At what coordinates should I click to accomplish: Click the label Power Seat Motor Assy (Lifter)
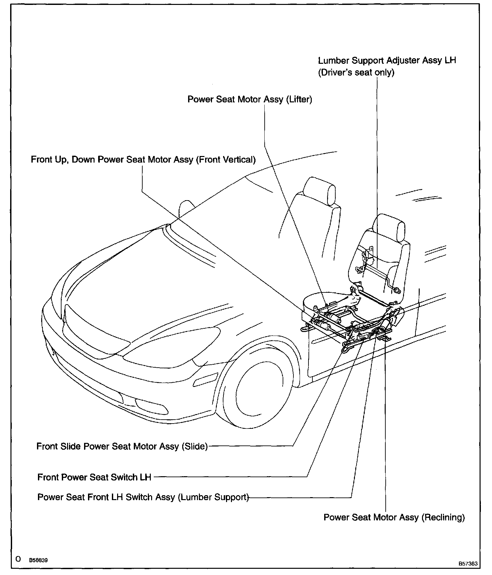tap(250, 99)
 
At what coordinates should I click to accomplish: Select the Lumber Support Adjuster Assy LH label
tap(387, 61)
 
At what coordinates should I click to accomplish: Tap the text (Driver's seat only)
tap(356, 72)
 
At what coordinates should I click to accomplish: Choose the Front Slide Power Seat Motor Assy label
tap(122, 446)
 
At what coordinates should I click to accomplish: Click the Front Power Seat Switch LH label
tap(94, 477)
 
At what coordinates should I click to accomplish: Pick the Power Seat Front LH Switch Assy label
tap(143, 497)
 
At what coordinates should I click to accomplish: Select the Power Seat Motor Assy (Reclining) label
tap(394, 517)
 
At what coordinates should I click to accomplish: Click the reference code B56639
tap(38, 560)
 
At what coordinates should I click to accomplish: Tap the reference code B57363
tap(467, 564)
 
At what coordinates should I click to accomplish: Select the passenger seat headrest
tap(319, 190)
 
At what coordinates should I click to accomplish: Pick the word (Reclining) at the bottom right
tap(443, 517)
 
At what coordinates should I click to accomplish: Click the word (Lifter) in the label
tap(299, 99)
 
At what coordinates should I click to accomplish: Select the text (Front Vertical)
tap(225, 160)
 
